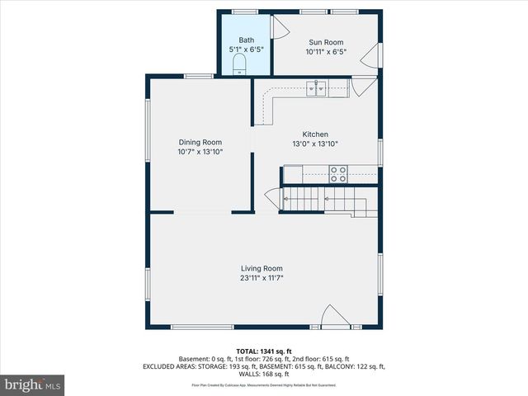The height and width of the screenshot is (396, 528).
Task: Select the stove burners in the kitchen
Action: [x=338, y=174]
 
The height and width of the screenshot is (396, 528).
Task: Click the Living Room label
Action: [x=262, y=268]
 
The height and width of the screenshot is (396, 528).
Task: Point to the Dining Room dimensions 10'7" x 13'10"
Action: [x=200, y=152]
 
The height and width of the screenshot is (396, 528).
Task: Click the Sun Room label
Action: [x=326, y=42]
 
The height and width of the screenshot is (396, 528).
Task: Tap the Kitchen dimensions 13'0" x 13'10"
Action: [x=315, y=144]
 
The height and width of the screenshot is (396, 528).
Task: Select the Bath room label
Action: [x=247, y=40]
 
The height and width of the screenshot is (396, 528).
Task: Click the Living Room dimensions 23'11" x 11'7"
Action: [x=262, y=278]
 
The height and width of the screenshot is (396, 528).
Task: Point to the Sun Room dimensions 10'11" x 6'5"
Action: [x=326, y=51]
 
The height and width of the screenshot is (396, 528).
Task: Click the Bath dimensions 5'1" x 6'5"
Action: [x=247, y=49]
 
